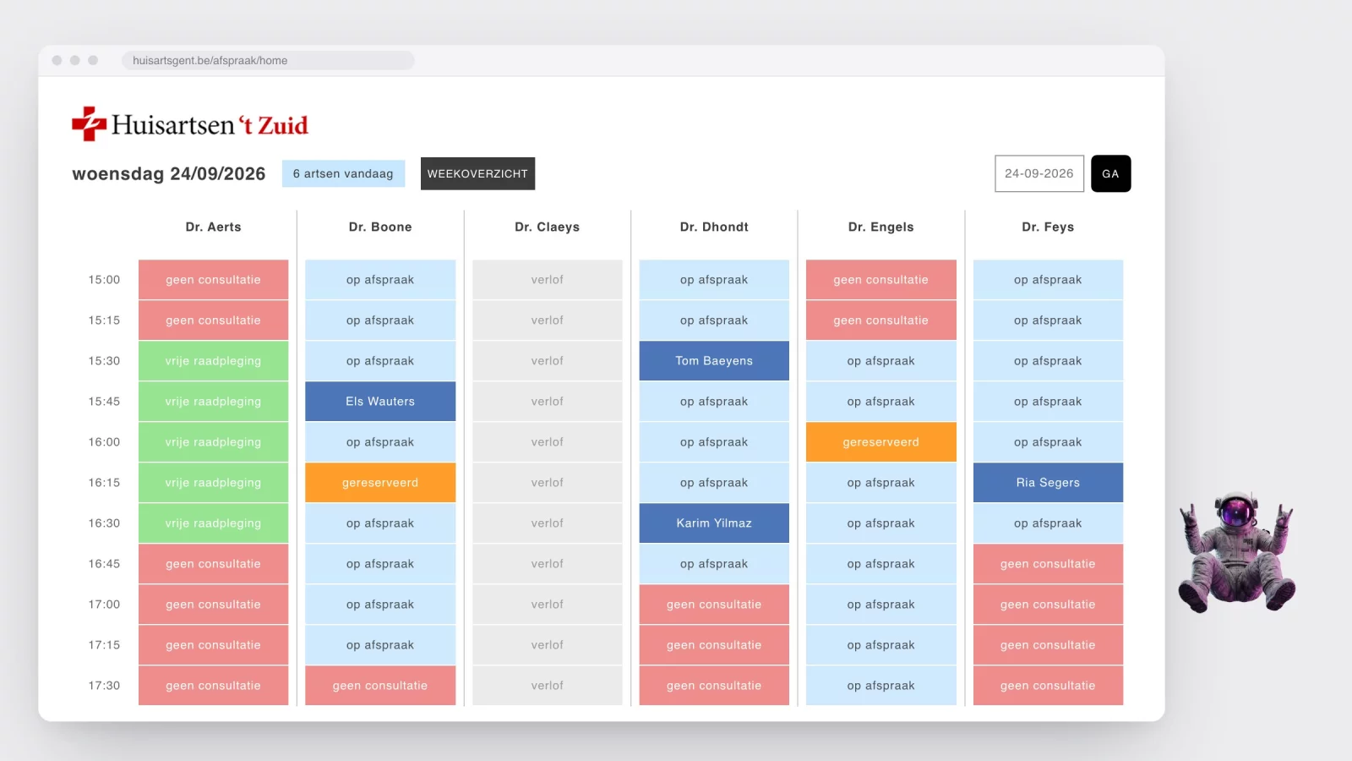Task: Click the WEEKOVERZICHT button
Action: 477,173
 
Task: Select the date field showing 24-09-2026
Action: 1039,173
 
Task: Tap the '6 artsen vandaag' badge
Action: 343,173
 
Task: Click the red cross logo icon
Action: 89,123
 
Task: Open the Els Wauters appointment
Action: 380,401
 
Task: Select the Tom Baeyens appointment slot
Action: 714,360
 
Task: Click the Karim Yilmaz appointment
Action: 714,523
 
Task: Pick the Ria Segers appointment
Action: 1048,483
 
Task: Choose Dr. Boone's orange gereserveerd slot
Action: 380,483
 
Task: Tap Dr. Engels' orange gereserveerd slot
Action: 880,442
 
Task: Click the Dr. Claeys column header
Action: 547,227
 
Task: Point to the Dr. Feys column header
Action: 1048,227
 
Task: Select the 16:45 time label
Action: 104,564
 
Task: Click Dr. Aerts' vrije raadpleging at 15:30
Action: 213,360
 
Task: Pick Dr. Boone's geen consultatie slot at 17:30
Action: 380,686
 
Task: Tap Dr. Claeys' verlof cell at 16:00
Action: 547,442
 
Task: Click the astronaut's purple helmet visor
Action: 1235,512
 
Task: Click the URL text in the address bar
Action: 210,60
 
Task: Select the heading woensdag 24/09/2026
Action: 168,174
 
